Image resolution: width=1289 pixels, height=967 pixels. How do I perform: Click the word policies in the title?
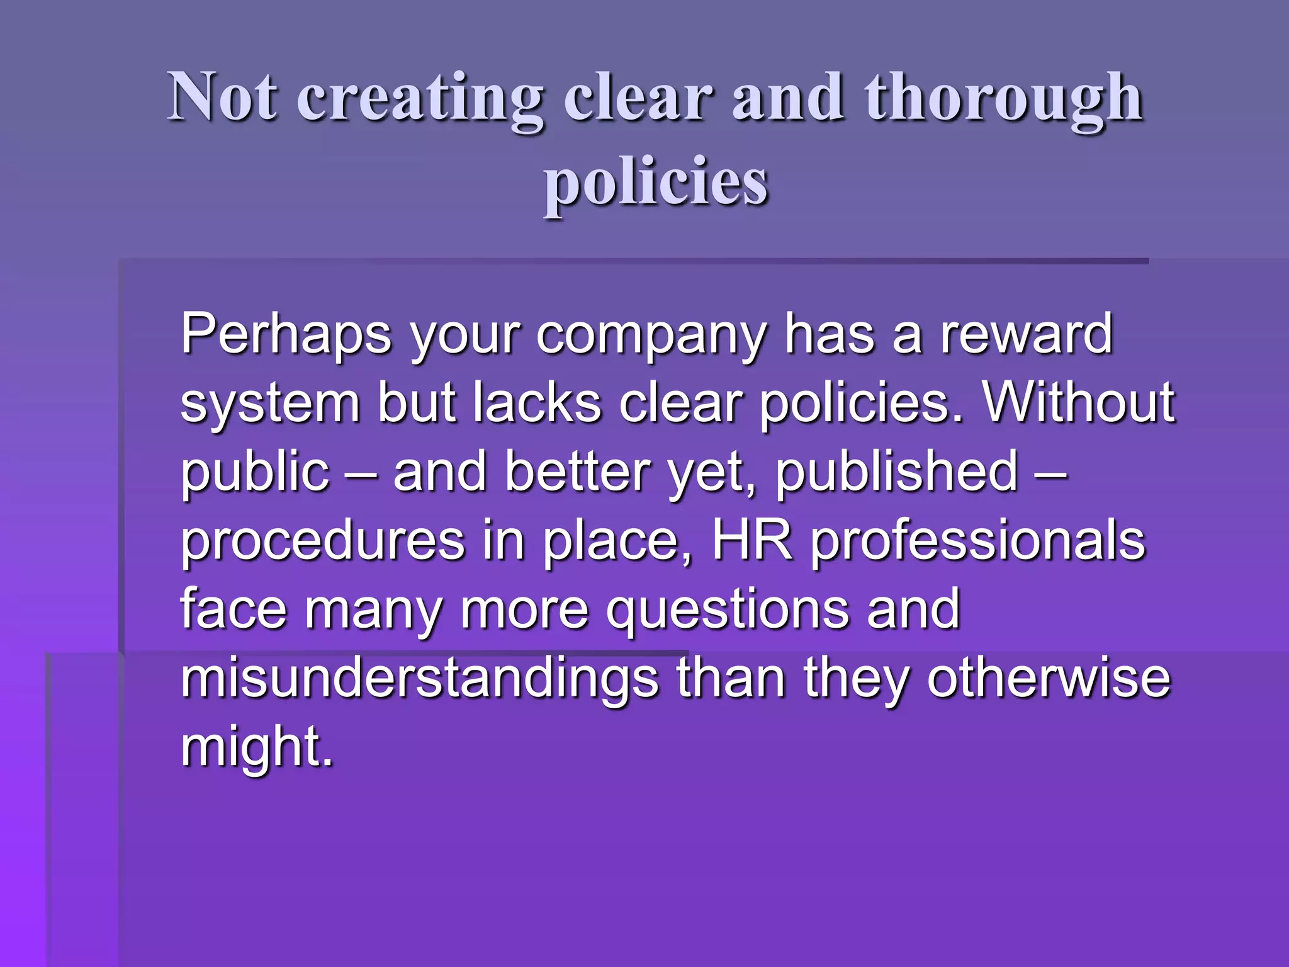coord(656,183)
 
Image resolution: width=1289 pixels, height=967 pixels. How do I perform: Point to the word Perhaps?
coord(286,335)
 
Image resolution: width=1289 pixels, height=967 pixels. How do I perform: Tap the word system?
coord(270,404)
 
